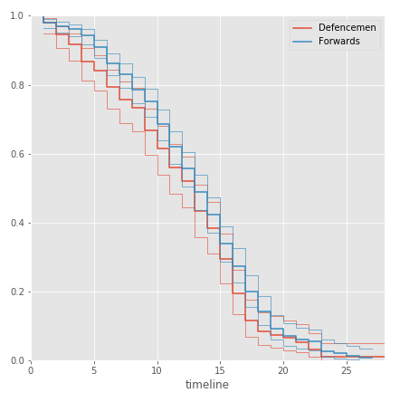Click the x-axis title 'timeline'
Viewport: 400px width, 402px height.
coord(207,385)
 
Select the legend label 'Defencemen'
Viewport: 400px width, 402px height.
coord(348,28)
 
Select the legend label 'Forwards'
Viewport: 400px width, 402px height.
coord(340,41)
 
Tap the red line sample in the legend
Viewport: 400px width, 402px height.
coord(302,28)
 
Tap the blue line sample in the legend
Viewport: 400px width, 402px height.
coord(302,41)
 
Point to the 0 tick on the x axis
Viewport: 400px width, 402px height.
coord(31,369)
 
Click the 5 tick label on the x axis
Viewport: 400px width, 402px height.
coord(94,369)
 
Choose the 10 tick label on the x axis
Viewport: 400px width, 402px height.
coord(157,369)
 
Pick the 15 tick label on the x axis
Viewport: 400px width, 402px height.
coord(220,369)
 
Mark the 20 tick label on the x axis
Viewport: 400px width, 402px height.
coord(283,369)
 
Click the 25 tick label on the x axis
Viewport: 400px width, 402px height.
coord(346,369)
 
